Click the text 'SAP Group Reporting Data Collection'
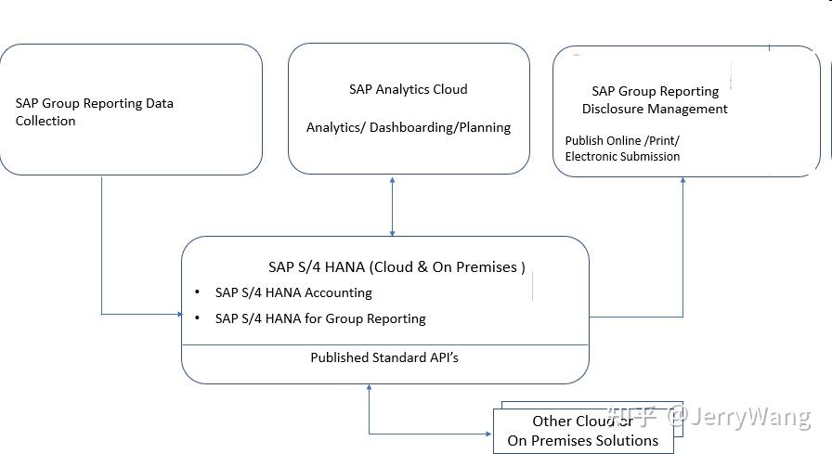click(94, 111)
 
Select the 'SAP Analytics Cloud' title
click(408, 89)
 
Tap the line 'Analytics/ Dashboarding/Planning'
click(408, 127)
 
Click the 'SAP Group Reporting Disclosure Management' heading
click(655, 99)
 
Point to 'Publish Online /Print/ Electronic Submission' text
click(622, 148)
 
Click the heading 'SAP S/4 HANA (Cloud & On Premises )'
click(396, 266)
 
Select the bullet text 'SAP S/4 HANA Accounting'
click(293, 292)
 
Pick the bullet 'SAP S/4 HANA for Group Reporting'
click(320, 318)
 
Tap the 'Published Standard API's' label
click(383, 357)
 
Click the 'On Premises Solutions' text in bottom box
click(582, 441)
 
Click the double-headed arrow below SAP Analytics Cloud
click(392, 205)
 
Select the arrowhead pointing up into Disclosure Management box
click(682, 181)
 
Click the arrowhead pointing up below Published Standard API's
click(370, 388)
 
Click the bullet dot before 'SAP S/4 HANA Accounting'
click(197, 292)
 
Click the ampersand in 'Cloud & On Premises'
click(422, 267)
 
